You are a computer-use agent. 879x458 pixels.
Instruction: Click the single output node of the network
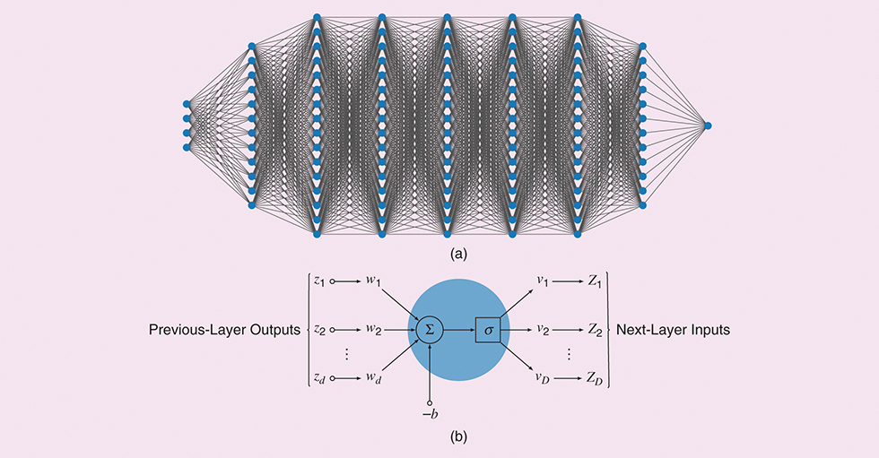[708, 125]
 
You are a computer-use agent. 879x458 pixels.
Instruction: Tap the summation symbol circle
[430, 331]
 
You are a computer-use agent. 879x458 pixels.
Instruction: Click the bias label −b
[431, 416]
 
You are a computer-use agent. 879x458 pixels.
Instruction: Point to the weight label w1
[373, 281]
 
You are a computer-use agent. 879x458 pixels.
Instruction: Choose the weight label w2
[373, 331]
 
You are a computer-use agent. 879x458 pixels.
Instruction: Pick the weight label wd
[373, 380]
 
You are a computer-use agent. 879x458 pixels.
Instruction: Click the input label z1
[319, 281]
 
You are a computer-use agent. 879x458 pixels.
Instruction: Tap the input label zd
[319, 380]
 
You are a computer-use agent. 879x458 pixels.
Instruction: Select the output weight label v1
[544, 281]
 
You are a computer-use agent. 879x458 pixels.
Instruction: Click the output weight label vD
[544, 380]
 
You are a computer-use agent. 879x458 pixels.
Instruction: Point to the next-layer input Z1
[596, 281]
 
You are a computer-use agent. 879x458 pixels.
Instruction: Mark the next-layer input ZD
[596, 380]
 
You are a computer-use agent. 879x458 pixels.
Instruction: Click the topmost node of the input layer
[187, 104]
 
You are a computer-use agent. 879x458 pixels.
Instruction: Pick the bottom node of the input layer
[187, 147]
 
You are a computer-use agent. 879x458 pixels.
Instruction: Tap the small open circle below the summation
[431, 402]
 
